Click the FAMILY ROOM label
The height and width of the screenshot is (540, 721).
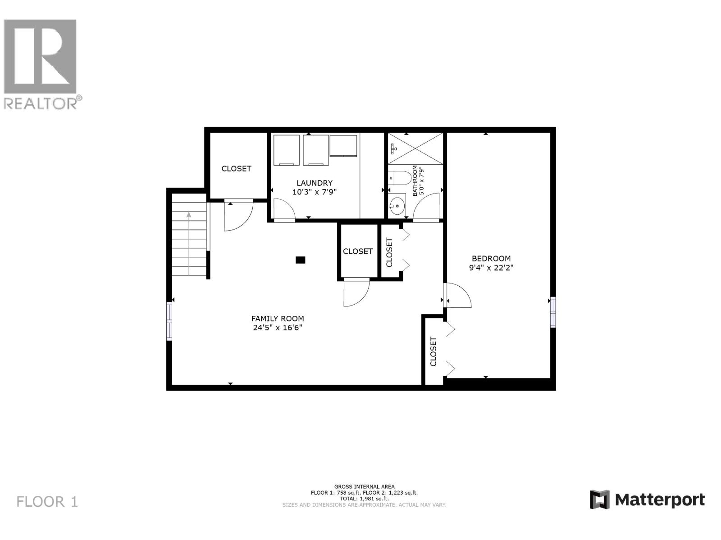click(x=277, y=319)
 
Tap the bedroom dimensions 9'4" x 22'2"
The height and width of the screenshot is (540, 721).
click(x=491, y=267)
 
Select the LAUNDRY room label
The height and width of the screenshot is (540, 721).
click(x=315, y=183)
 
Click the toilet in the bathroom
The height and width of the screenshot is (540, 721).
click(x=399, y=179)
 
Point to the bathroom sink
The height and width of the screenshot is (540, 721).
click(x=397, y=206)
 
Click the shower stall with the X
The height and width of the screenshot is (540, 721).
click(x=415, y=148)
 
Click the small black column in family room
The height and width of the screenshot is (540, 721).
click(x=301, y=260)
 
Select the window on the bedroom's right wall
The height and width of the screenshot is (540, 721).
click(x=553, y=312)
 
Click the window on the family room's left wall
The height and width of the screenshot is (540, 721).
click(x=169, y=321)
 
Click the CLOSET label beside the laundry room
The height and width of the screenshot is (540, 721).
click(x=236, y=168)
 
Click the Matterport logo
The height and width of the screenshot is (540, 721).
click(x=647, y=499)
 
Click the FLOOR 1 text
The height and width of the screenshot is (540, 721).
click(x=47, y=502)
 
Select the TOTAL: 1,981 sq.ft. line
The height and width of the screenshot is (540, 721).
click(x=364, y=499)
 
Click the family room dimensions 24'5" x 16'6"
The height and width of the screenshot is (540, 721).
click(x=277, y=328)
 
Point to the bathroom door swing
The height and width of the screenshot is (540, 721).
click(x=427, y=207)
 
